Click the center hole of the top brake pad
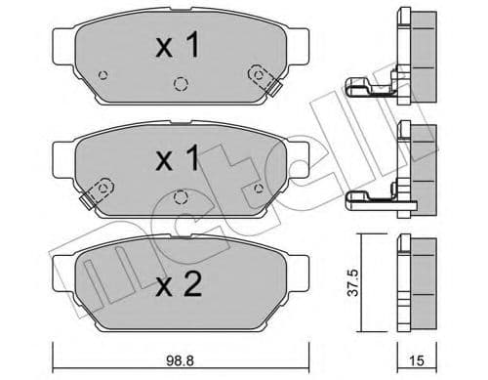179,84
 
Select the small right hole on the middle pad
257,188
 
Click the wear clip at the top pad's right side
259,74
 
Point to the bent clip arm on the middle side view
371,198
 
